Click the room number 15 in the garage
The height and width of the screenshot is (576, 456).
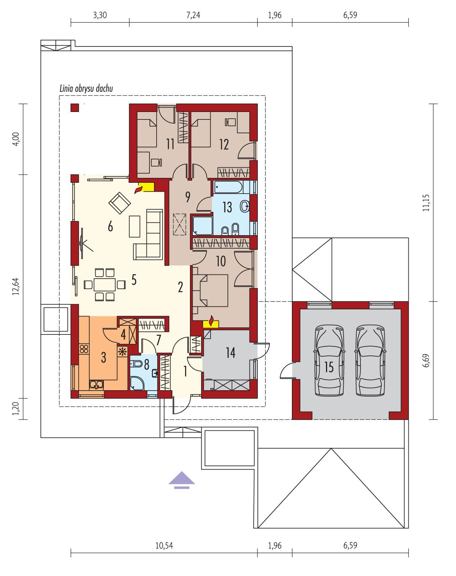329,367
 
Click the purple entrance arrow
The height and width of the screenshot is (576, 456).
182,480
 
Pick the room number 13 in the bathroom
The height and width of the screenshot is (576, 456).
227,207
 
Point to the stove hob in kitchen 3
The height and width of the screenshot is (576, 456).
84,349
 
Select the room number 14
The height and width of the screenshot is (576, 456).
230,352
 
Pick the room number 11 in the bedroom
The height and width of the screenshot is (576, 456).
170,144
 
